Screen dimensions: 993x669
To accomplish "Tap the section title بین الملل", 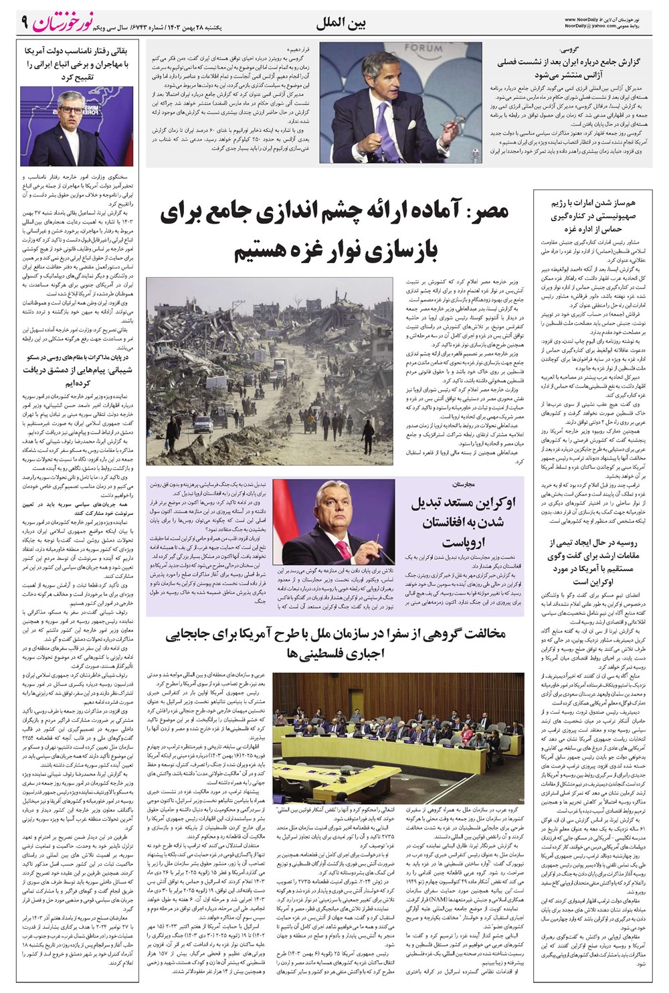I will tap(343, 23).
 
